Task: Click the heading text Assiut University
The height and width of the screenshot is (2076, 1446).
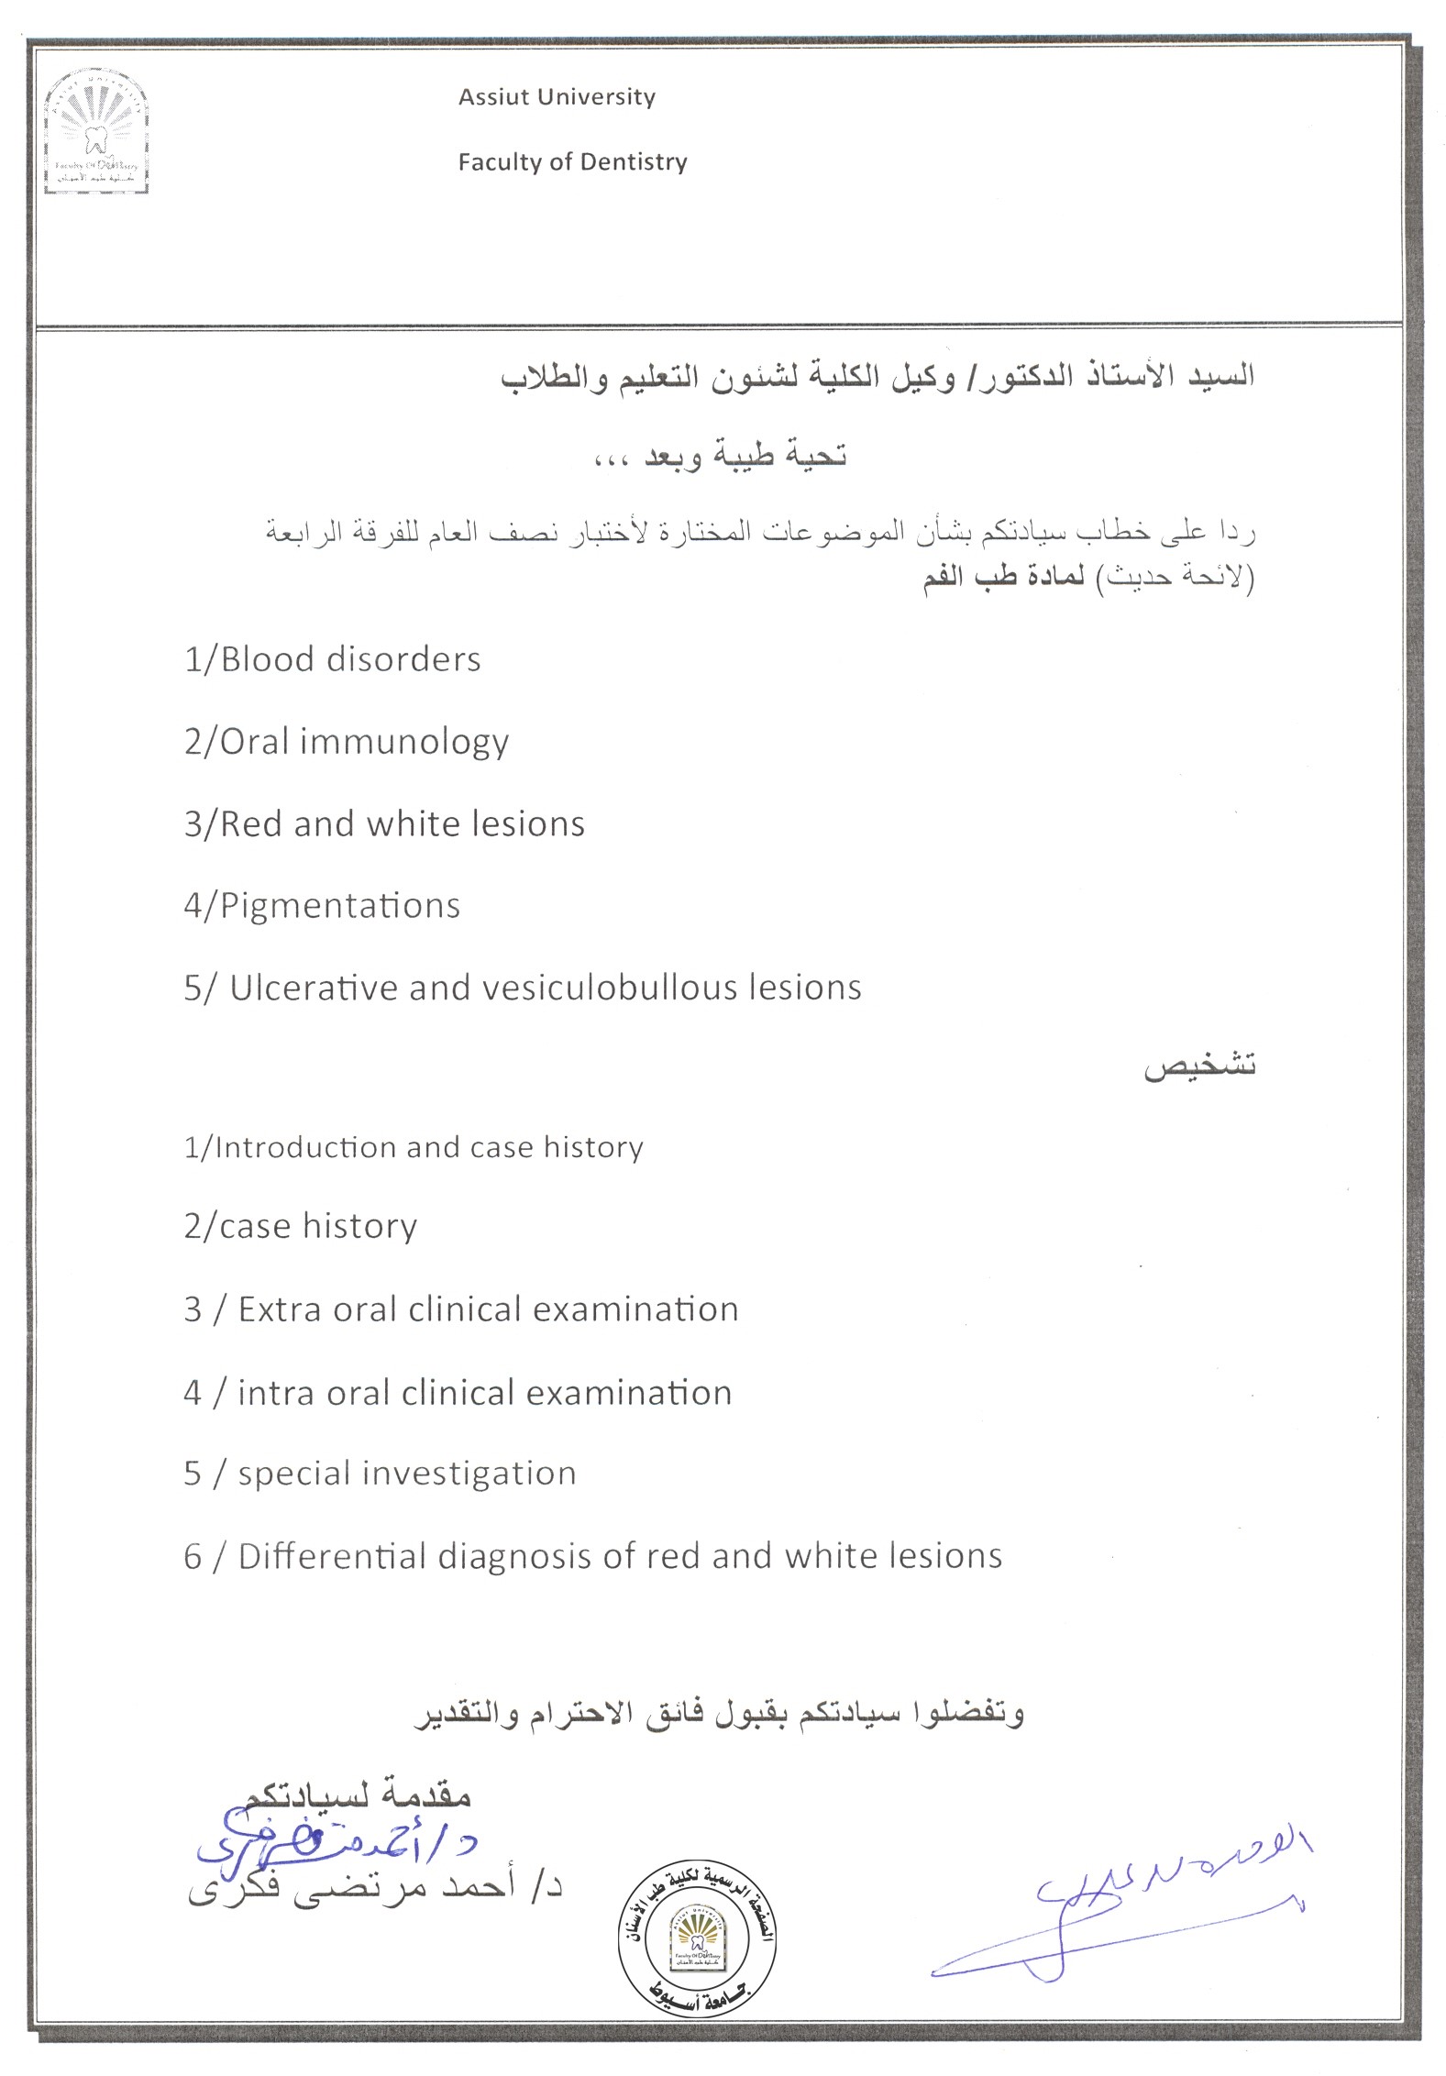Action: coord(557,97)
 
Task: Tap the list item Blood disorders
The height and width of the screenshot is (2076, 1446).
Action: coord(333,659)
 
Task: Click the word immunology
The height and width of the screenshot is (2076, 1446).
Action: coord(404,741)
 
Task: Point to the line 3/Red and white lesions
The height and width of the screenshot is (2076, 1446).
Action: coord(384,823)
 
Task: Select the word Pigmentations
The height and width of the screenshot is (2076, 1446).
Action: coord(340,906)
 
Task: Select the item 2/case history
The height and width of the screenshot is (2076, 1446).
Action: coord(300,1226)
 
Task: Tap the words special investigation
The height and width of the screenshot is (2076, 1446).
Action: coord(407,1474)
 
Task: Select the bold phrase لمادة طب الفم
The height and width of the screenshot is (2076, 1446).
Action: coord(1003,580)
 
